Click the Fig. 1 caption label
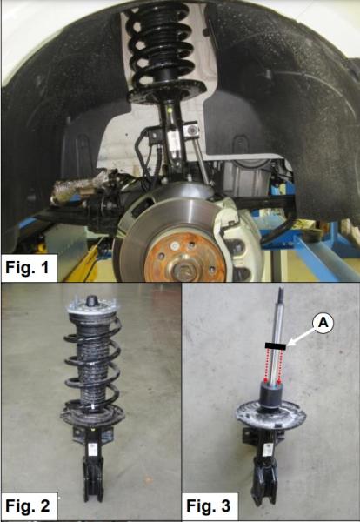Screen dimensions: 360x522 (28, 268)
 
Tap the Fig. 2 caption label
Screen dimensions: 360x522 (28, 505)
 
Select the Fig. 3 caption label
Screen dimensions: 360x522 (209, 505)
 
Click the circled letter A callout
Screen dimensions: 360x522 (323, 323)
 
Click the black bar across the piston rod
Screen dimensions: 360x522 (276, 346)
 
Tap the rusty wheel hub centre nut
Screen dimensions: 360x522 (183, 265)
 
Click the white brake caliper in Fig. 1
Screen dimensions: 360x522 (239, 233)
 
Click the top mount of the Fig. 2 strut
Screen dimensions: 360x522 (93, 305)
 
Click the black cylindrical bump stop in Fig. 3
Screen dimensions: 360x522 (271, 394)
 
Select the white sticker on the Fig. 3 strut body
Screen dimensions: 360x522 (267, 450)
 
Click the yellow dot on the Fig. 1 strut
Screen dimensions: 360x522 (170, 110)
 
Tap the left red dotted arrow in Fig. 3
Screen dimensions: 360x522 (266, 366)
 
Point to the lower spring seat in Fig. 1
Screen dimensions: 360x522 (167, 90)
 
